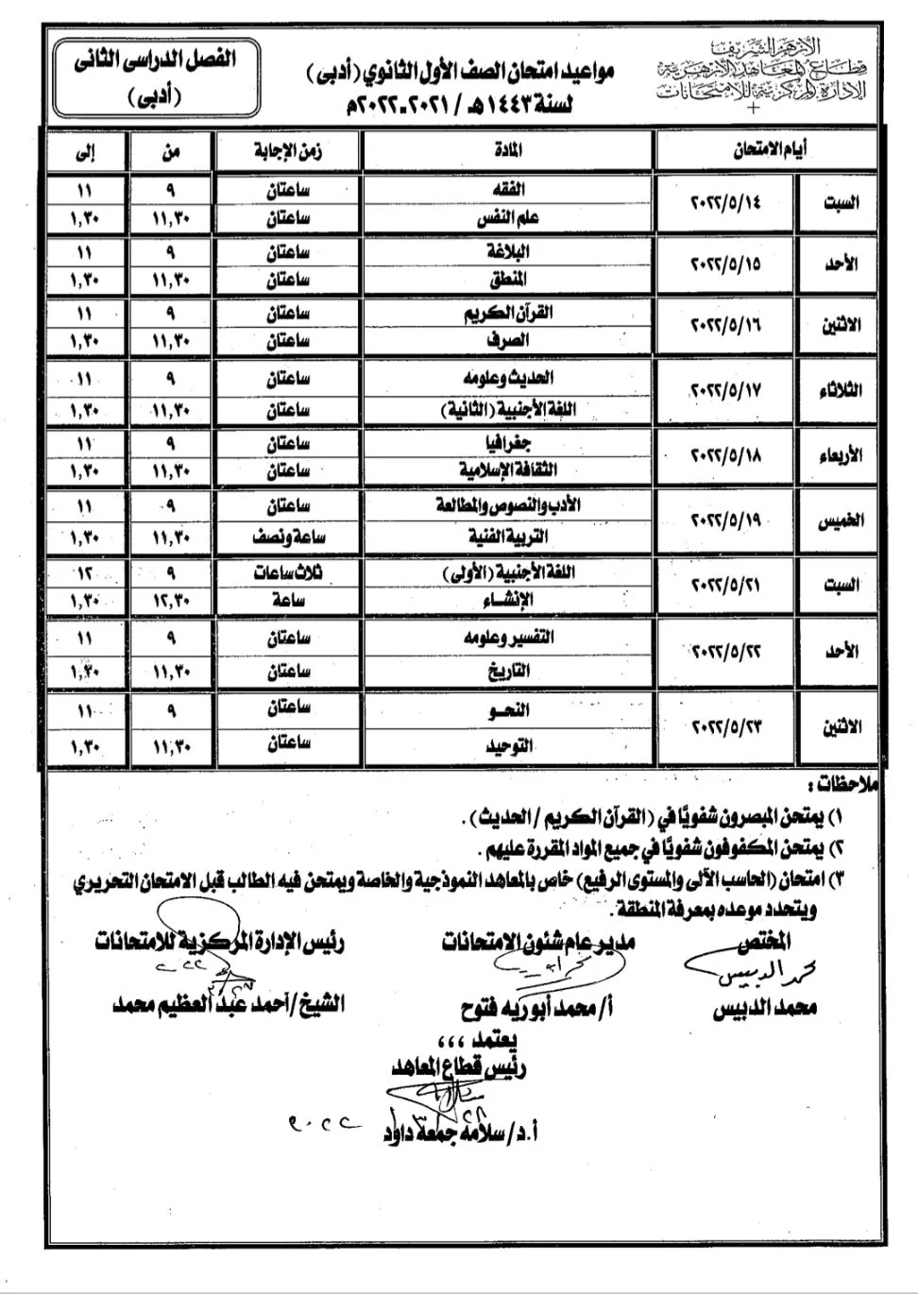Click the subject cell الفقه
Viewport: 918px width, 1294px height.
(508, 189)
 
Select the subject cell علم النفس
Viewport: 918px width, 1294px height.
(508, 217)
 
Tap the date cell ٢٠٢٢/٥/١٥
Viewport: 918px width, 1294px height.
(725, 264)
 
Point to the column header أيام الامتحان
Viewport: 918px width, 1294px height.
(770, 150)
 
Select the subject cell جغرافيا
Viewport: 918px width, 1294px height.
(508, 443)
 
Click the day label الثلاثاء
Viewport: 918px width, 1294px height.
(841, 390)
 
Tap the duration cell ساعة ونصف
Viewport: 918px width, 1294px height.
(288, 536)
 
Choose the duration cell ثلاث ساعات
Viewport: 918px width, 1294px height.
(288, 572)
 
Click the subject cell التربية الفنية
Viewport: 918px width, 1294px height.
(508, 536)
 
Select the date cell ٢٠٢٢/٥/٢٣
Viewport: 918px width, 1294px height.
(725, 727)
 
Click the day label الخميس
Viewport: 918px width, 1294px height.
(841, 520)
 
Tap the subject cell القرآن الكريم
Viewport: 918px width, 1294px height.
(508, 314)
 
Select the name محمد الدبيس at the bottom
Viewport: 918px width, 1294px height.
(764, 1009)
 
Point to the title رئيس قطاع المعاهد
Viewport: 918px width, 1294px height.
(459, 1067)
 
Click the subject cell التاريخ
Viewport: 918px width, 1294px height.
(508, 672)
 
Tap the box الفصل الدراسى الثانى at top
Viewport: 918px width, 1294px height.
(155, 76)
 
